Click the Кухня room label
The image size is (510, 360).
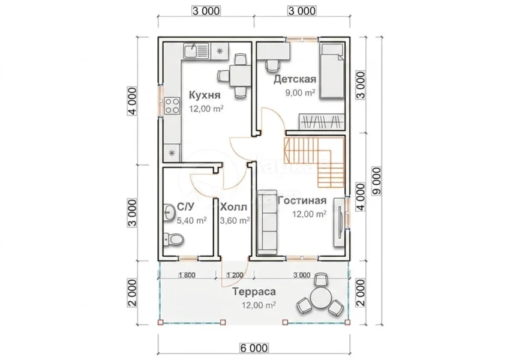tap(205, 95)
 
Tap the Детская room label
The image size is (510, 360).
tap(295, 79)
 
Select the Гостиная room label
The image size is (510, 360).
tap(302, 200)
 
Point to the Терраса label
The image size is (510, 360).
tap(254, 292)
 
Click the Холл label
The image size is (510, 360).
tap(234, 207)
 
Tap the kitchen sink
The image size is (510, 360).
tap(196, 52)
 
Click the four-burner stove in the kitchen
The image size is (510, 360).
tap(172, 106)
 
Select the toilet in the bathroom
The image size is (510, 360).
tap(173, 239)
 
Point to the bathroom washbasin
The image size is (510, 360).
tap(169, 212)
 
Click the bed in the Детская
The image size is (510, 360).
tap(332, 71)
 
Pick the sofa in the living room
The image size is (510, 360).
tap(267, 225)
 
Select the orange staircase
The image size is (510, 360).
tap(314, 162)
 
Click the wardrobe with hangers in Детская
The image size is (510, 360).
tap(322, 122)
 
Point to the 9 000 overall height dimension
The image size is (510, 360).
tap(377, 181)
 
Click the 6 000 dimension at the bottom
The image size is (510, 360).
tap(254, 348)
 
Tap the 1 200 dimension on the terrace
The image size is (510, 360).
tap(235, 275)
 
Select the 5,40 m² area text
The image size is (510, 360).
tap(191, 220)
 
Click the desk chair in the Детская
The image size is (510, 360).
tap(272, 65)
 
